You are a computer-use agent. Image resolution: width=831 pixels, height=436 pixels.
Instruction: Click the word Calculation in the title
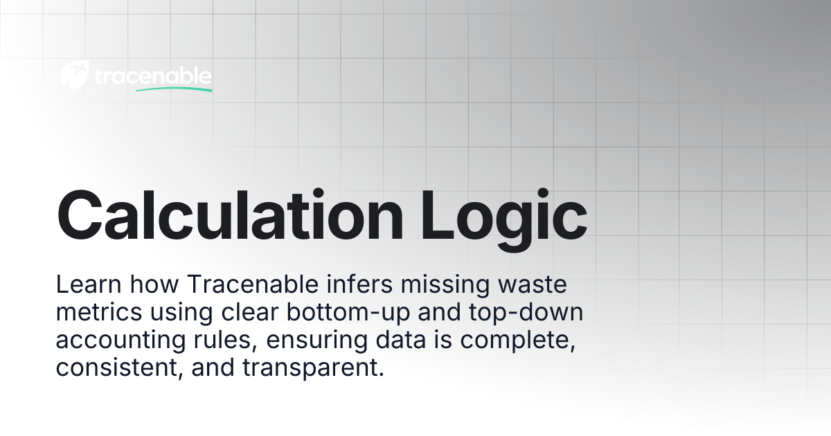(230, 215)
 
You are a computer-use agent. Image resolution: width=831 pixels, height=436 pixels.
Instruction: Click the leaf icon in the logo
(75, 75)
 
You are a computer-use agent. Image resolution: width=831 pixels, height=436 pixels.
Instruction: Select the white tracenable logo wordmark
(153, 76)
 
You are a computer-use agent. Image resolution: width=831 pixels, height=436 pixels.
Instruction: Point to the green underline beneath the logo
(174, 89)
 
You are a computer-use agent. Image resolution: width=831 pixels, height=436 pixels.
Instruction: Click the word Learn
(89, 284)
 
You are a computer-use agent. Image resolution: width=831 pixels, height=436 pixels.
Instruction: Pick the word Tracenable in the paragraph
(253, 284)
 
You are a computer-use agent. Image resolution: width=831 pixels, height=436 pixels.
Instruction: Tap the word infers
(360, 284)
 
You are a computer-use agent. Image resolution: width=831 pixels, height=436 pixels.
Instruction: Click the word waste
(533, 285)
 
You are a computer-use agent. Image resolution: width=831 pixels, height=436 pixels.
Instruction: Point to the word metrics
(99, 312)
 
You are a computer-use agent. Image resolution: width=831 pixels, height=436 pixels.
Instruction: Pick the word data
(401, 340)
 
